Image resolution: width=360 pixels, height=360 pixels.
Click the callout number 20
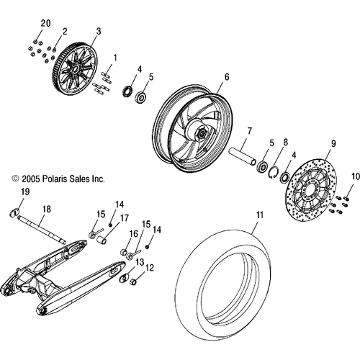point(45,24)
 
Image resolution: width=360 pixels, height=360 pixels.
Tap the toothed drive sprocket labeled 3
point(75,69)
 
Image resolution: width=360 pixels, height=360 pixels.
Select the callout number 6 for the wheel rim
point(227,77)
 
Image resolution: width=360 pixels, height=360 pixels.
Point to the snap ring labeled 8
point(273,171)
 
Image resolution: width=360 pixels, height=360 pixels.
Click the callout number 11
point(260,215)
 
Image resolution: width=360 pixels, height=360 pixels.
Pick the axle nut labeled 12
point(133,282)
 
